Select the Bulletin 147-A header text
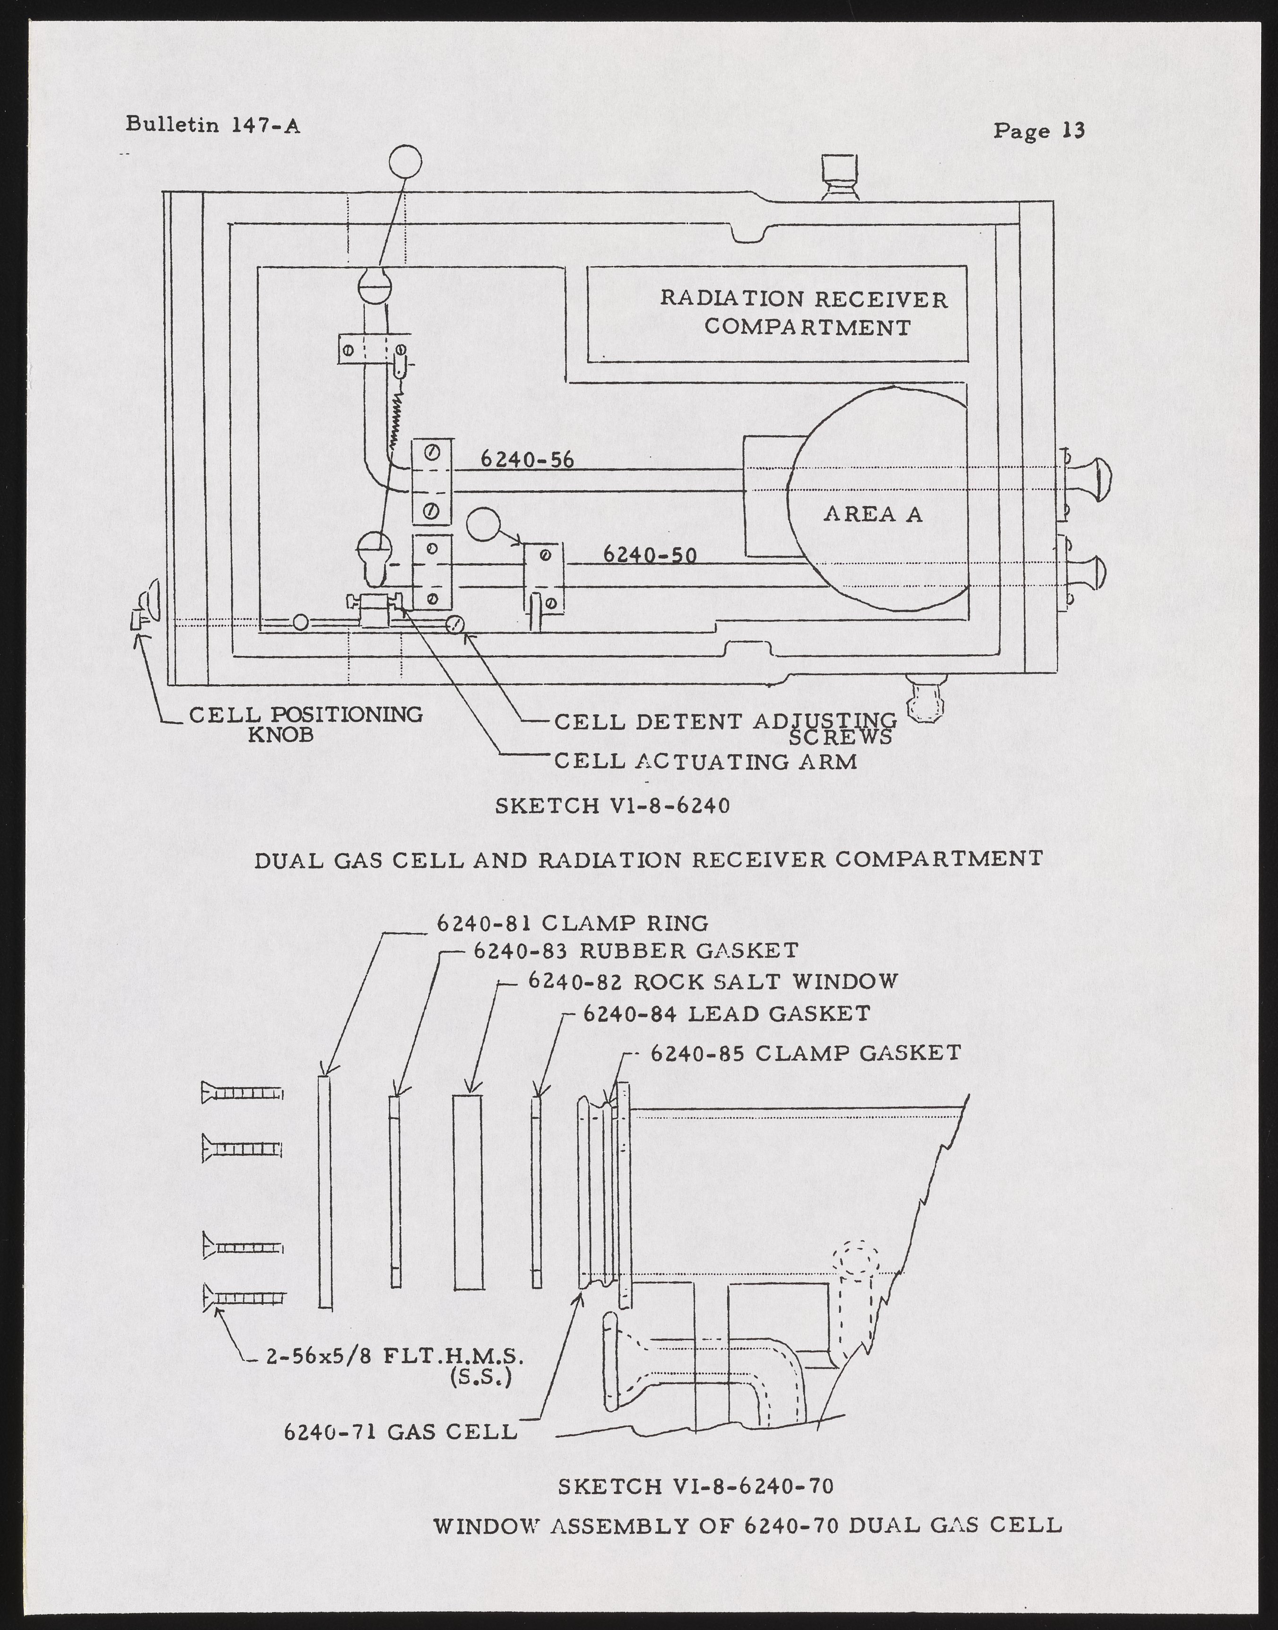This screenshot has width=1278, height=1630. pyautogui.click(x=212, y=124)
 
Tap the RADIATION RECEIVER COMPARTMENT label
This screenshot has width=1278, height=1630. pyautogui.click(x=804, y=314)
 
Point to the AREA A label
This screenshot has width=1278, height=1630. pyautogui.click(x=872, y=514)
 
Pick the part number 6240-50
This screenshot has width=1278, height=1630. pyautogui.click(x=650, y=555)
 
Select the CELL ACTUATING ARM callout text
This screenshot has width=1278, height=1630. pyautogui.click(x=705, y=762)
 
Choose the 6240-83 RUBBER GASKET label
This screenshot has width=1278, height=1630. pyautogui.click(x=636, y=950)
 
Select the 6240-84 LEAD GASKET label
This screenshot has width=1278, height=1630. pyautogui.click(x=726, y=1013)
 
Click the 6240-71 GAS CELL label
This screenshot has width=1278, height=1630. pyautogui.click(x=400, y=1432)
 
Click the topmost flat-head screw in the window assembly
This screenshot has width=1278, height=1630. pyautogui.click(x=241, y=1094)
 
